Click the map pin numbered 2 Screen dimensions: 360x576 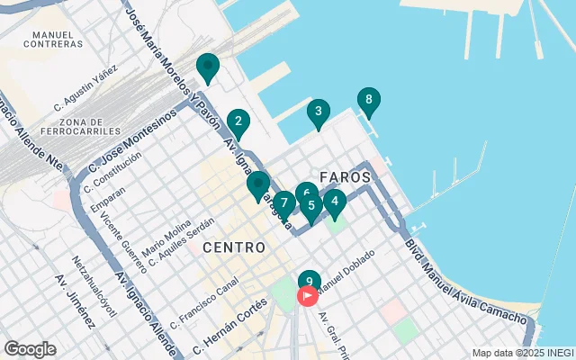pos(238,121)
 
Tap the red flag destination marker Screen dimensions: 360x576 pos(308,295)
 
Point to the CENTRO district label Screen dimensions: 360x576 pos(234,247)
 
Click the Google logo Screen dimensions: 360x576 pos(30,349)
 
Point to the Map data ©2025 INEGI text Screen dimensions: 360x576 pos(522,353)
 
